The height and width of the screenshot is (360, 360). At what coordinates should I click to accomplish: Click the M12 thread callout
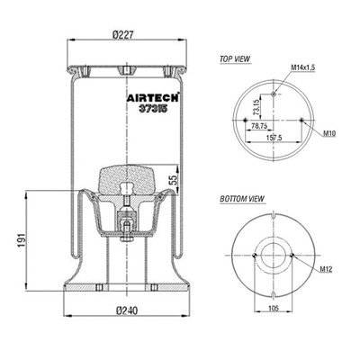pyautogui.click(x=327, y=269)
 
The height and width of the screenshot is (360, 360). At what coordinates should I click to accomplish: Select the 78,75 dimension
pyautogui.click(x=259, y=127)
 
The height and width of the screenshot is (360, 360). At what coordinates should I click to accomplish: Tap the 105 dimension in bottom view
pyautogui.click(x=274, y=309)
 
